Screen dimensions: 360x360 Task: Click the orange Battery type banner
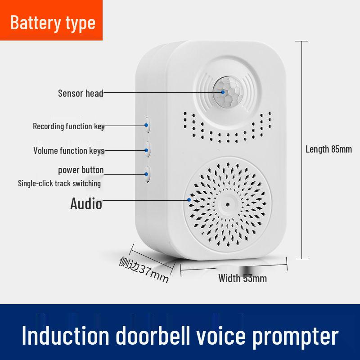click(x=51, y=20)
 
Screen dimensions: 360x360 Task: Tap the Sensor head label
click(x=81, y=94)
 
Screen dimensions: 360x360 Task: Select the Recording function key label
click(x=69, y=126)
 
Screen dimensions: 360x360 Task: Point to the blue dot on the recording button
click(x=146, y=125)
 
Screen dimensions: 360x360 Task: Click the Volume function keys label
click(x=69, y=151)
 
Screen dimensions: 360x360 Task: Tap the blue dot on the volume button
click(x=146, y=150)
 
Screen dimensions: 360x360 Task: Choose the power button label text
click(x=81, y=170)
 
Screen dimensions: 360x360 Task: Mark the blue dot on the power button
click(x=146, y=174)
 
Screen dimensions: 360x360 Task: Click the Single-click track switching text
click(x=59, y=184)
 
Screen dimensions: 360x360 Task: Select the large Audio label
click(x=86, y=204)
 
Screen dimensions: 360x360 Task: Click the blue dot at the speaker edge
click(x=189, y=200)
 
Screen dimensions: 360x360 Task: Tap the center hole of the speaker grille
click(x=228, y=204)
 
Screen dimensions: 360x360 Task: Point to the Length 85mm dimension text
click(x=328, y=149)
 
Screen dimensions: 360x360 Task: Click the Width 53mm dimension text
click(x=243, y=279)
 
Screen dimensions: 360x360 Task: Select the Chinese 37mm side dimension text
click(x=144, y=269)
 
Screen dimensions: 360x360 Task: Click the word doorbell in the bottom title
click(x=153, y=335)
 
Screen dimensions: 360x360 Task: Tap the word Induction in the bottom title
click(x=65, y=335)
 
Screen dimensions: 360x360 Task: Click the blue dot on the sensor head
click(x=223, y=92)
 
